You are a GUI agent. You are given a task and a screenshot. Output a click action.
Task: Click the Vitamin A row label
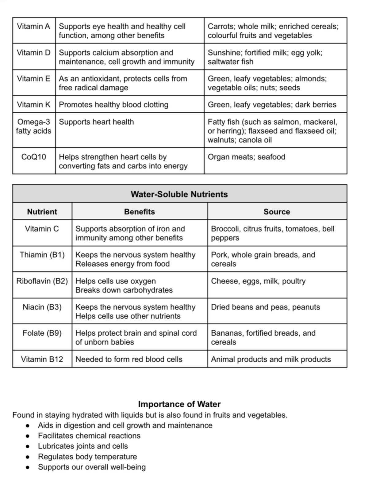point(33,27)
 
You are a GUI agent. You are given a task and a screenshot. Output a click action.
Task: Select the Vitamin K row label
point(33,105)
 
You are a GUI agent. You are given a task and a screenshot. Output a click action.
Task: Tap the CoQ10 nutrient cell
point(34,157)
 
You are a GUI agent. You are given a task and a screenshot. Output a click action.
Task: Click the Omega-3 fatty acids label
point(34,126)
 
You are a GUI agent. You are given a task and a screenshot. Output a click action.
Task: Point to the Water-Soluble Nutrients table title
point(179,194)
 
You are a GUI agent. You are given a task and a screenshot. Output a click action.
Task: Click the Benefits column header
point(140,212)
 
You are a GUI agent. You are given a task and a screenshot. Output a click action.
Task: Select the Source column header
point(277,212)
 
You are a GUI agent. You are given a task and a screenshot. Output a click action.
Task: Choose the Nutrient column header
point(42,212)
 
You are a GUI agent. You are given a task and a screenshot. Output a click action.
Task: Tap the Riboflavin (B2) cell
point(42,281)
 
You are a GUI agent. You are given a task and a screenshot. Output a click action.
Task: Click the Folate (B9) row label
point(42,333)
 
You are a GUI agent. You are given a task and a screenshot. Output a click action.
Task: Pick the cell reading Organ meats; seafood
point(246,157)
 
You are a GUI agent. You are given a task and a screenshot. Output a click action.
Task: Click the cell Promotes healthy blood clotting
point(113,105)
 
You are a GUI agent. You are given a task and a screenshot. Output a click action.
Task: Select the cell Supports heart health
point(96,122)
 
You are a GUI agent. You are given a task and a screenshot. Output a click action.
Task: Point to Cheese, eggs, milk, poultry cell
point(258,281)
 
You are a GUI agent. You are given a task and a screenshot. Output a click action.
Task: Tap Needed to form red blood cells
point(129,359)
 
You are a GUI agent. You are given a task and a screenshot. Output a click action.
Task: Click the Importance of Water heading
point(179,404)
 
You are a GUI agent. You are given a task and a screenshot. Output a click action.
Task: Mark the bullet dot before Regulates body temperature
point(28,457)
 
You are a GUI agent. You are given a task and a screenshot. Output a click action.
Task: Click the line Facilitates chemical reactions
point(89,436)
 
